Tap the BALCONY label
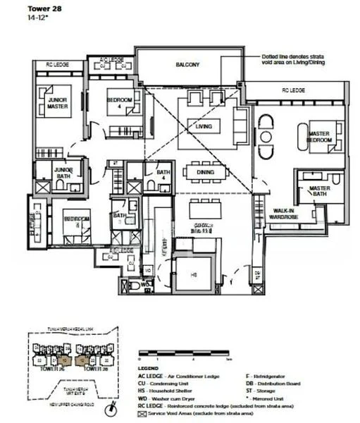point(187,65)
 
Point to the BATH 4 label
point(163,175)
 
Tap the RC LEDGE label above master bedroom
point(294,90)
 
